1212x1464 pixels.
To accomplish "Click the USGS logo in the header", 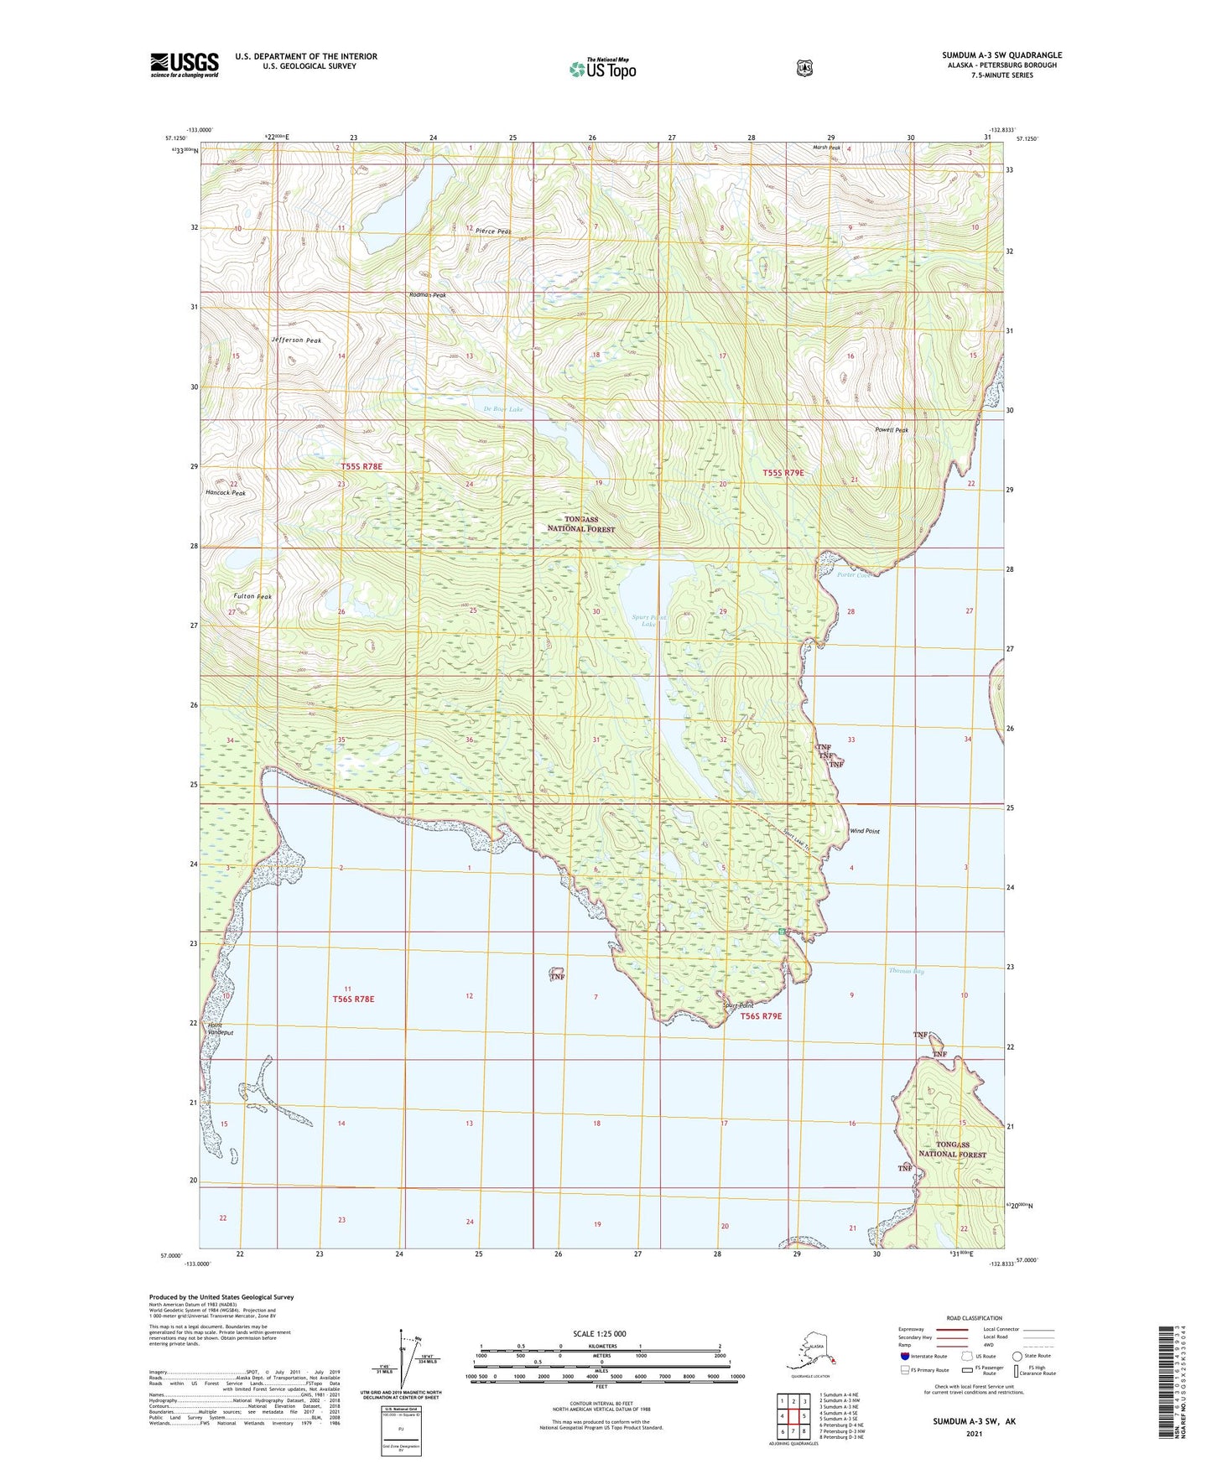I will pyautogui.click(x=185, y=65).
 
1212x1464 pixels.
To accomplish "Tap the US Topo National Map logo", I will pyautogui.click(x=602, y=69).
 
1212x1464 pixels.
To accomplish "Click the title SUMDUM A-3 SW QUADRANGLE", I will pyautogui.click(x=1001, y=55).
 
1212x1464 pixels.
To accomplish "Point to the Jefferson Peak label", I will pyautogui.click(x=296, y=340).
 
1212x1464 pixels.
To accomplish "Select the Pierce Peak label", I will pyautogui.click(x=492, y=231).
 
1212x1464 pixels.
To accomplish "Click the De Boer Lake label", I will pyautogui.click(x=503, y=409).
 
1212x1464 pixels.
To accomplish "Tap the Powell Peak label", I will pyautogui.click(x=891, y=430).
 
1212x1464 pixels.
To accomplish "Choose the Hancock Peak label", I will pyautogui.click(x=226, y=493).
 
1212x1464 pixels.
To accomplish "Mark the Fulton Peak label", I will pyautogui.click(x=252, y=596).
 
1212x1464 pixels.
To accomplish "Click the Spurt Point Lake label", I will pyautogui.click(x=648, y=620).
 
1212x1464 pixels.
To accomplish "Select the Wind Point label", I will pyautogui.click(x=865, y=831).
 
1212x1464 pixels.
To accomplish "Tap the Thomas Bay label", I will pyautogui.click(x=906, y=971).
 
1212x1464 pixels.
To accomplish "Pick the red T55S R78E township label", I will pyautogui.click(x=361, y=466).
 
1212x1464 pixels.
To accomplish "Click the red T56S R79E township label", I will pyautogui.click(x=761, y=1016).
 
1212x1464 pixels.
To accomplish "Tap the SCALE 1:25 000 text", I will pyautogui.click(x=600, y=1333).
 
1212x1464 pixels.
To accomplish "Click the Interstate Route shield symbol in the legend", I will pyautogui.click(x=904, y=1355).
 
